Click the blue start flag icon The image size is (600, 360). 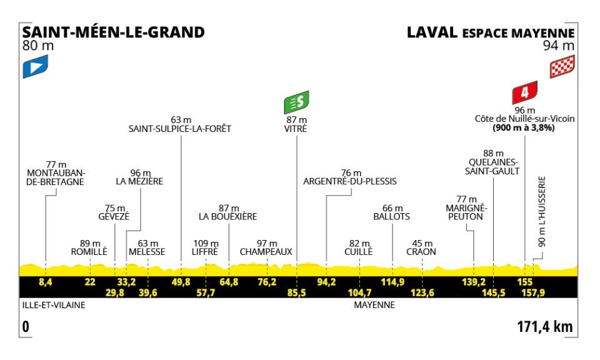pyautogui.click(x=36, y=67)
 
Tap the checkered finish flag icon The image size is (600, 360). pyautogui.click(x=562, y=67)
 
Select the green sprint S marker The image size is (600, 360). pyautogui.click(x=296, y=101)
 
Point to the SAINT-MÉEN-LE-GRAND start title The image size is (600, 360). pyautogui.click(x=113, y=32)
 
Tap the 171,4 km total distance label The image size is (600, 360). pyautogui.click(x=545, y=326)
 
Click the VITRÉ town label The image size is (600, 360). pyautogui.click(x=296, y=129)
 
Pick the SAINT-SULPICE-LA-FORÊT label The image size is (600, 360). pyautogui.click(x=180, y=129)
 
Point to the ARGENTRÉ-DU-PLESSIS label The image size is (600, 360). pyautogui.click(x=350, y=182)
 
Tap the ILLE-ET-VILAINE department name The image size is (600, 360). pyautogui.click(x=52, y=306)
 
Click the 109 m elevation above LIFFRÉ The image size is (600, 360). pyautogui.click(x=205, y=242)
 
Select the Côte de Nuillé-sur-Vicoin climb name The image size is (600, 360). pyautogui.click(x=524, y=119)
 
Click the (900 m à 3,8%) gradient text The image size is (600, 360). pyautogui.click(x=524, y=127)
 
